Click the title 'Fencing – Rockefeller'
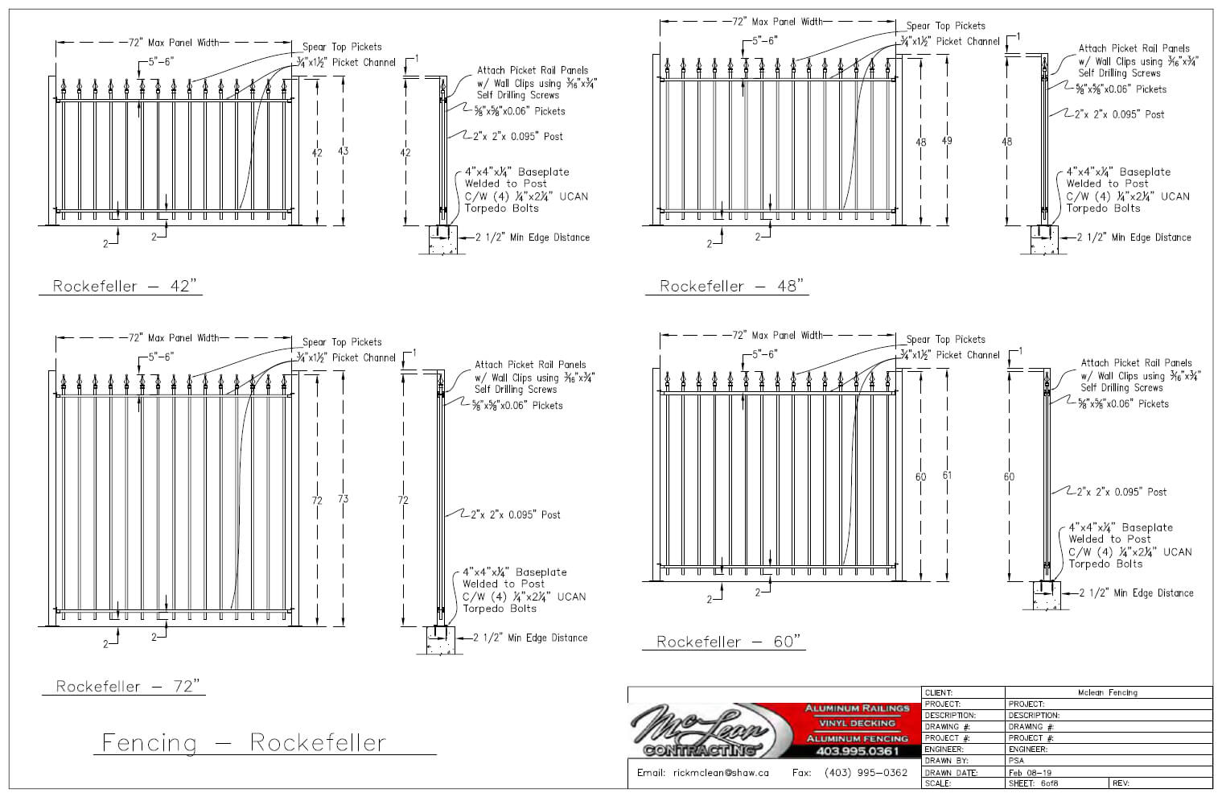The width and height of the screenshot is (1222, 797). point(244,742)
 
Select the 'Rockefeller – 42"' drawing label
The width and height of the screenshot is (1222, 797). point(124,286)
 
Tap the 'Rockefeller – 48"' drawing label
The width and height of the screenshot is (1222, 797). point(730,286)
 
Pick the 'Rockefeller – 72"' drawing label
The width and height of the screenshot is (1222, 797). point(126,686)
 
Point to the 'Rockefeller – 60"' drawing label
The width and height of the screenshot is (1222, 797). point(728,642)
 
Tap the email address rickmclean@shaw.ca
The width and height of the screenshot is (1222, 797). point(703,773)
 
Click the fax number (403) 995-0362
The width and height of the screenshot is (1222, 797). point(866,773)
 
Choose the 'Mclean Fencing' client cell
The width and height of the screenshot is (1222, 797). point(1107,692)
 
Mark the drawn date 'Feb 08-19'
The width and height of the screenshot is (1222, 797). point(1029,772)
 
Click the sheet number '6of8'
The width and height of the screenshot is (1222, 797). point(1049,783)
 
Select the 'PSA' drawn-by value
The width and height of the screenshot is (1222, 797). point(1016,761)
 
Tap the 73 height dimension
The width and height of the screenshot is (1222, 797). point(344,499)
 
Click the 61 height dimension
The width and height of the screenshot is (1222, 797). point(947,476)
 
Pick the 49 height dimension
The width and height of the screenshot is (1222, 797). point(947,142)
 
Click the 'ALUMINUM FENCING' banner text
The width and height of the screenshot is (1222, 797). point(857,738)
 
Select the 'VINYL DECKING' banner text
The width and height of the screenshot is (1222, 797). point(857,723)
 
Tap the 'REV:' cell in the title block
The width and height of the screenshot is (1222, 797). point(1121,783)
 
